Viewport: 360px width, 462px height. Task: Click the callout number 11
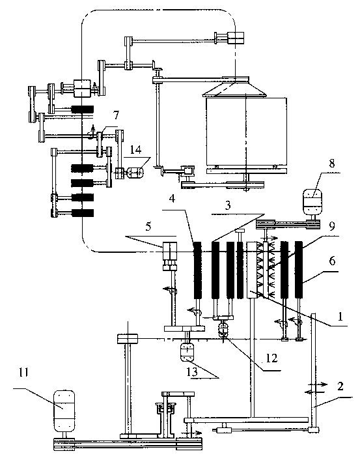pyautogui.click(x=23, y=373)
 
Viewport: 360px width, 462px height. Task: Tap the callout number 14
pyautogui.click(x=135, y=149)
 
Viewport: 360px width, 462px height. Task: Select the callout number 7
pyautogui.click(x=117, y=115)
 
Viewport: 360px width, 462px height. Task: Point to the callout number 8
pyautogui.click(x=332, y=163)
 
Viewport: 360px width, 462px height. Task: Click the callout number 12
pyautogui.click(x=271, y=358)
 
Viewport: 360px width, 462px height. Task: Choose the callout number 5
pyautogui.click(x=148, y=227)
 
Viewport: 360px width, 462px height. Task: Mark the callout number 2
pyautogui.click(x=340, y=386)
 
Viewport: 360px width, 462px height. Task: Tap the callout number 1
pyautogui.click(x=340, y=317)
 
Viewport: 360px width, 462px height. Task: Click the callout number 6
pyautogui.click(x=332, y=261)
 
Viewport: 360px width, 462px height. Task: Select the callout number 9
pyautogui.click(x=332, y=226)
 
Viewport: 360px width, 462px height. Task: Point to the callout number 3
pyautogui.click(x=228, y=205)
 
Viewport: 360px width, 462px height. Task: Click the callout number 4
pyautogui.click(x=173, y=199)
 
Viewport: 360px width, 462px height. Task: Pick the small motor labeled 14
pyautogui.click(x=135, y=173)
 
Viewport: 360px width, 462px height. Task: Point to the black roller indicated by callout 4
pyautogui.click(x=197, y=270)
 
